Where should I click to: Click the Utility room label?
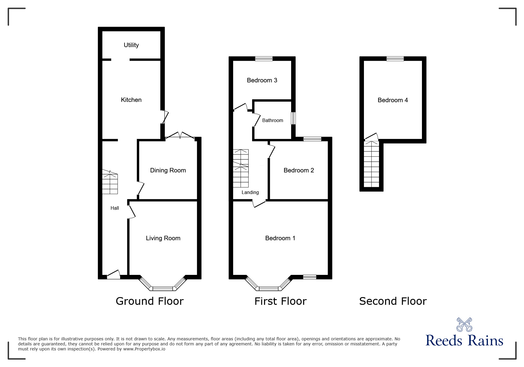(131, 45)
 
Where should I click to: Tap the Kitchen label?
(131, 100)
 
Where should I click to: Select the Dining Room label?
(168, 170)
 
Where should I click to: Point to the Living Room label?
(163, 238)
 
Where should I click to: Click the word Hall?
(115, 208)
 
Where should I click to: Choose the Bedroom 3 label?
(262, 80)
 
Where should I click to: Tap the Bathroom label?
(273, 120)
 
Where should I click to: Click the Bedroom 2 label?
(299, 170)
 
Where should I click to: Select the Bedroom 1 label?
(280, 238)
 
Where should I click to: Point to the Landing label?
(250, 193)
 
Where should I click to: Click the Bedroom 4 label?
(393, 100)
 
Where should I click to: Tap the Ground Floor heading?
(149, 301)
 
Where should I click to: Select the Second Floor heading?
(393, 301)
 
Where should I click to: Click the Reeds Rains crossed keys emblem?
(464, 325)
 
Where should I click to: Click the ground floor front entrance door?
(113, 275)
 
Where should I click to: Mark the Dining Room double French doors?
(180, 136)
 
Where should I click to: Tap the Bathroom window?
(293, 118)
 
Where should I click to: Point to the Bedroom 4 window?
(395, 59)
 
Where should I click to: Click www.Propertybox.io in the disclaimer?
(144, 349)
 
